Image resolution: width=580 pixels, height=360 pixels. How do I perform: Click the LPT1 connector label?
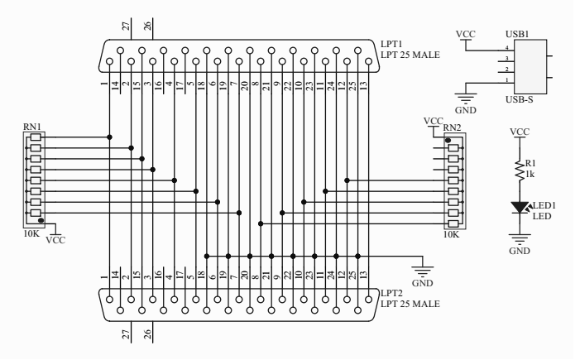(x=391, y=44)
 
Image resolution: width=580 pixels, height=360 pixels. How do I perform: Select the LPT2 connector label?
(x=391, y=293)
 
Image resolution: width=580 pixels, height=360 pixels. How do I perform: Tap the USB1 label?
(x=517, y=34)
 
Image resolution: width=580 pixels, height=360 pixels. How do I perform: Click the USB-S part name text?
(x=520, y=99)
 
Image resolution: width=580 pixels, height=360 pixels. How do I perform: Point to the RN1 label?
(x=31, y=127)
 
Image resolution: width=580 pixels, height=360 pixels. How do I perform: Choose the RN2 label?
(x=452, y=127)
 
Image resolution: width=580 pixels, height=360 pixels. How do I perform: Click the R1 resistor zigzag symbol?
(x=520, y=170)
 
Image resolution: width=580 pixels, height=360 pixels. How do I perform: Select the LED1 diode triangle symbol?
(x=520, y=207)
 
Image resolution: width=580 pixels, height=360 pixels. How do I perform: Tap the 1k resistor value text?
(x=530, y=175)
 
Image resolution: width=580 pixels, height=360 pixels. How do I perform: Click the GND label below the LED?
(x=520, y=251)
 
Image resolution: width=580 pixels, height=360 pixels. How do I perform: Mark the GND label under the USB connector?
(x=465, y=110)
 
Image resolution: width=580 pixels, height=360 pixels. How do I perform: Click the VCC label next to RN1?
(x=55, y=240)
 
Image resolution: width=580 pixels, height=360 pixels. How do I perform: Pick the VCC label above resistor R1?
(x=520, y=132)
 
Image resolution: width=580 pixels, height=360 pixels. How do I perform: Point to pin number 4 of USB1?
(x=507, y=47)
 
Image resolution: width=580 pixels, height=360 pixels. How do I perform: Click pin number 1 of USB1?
(x=507, y=80)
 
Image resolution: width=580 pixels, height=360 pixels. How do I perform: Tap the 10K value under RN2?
(x=451, y=234)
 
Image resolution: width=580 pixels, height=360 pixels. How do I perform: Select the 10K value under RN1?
(x=31, y=234)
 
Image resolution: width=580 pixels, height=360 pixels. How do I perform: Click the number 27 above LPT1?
(x=126, y=26)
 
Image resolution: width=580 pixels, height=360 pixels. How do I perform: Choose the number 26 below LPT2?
(x=147, y=334)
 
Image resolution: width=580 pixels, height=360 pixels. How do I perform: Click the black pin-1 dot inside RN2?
(x=448, y=140)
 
